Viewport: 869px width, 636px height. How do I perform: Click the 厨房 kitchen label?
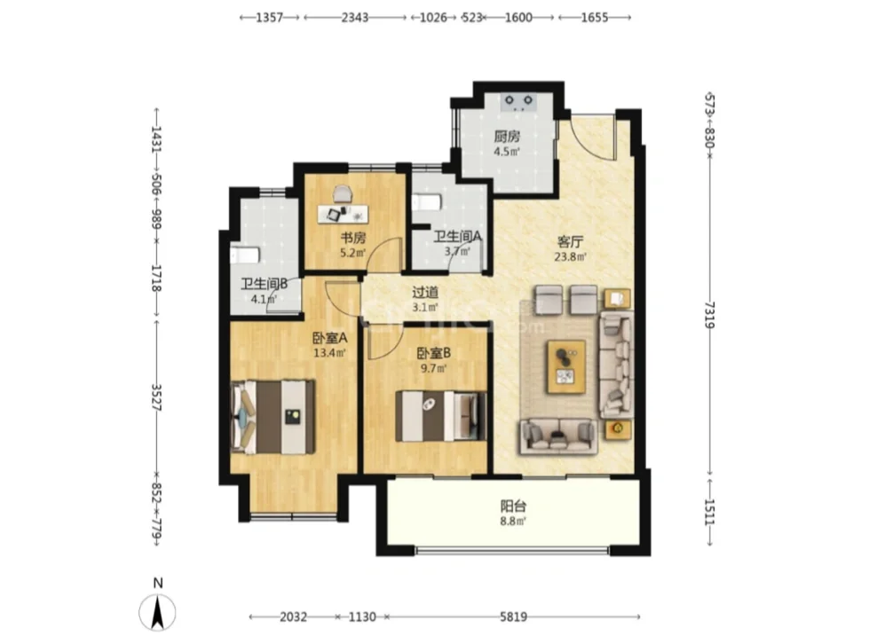click(507, 137)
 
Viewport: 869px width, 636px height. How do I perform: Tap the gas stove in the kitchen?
click(518, 103)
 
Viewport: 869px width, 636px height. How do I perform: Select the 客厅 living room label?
click(570, 242)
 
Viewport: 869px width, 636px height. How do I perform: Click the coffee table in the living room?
click(566, 366)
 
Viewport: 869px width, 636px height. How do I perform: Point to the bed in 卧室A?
click(273, 417)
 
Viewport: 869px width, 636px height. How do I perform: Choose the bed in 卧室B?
click(441, 416)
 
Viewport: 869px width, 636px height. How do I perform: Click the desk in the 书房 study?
click(343, 214)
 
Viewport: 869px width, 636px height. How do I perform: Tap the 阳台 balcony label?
click(513, 506)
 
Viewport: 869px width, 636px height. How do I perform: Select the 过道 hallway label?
click(425, 292)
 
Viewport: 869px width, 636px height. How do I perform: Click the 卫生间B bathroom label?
click(264, 284)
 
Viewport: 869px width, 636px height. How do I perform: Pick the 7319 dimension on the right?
click(709, 315)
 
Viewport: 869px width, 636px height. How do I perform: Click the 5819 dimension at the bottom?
click(513, 616)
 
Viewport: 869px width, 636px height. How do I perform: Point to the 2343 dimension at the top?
click(355, 18)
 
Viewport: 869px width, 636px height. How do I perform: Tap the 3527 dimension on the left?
click(156, 397)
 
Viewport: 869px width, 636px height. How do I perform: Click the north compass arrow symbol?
click(158, 613)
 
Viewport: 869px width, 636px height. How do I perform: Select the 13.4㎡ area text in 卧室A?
click(329, 353)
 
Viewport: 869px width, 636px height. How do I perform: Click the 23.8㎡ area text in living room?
click(570, 256)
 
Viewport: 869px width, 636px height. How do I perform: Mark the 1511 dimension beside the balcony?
click(709, 513)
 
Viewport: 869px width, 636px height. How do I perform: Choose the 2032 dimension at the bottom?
click(293, 616)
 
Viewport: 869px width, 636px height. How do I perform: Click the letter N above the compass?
click(158, 583)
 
